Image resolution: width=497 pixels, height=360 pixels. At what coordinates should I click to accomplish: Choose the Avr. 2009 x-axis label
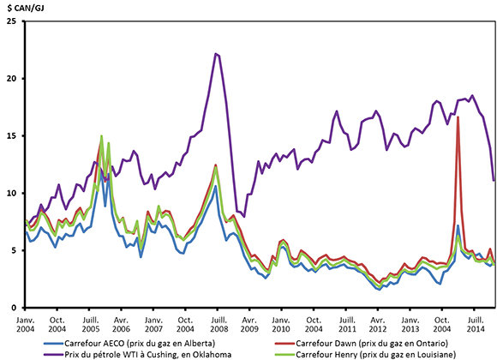pyautogui.click(x=248, y=323)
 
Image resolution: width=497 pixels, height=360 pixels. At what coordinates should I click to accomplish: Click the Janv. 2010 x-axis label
pyautogui.click(x=280, y=323)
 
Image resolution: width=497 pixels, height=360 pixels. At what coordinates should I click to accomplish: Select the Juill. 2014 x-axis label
pyautogui.click(x=470, y=323)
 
